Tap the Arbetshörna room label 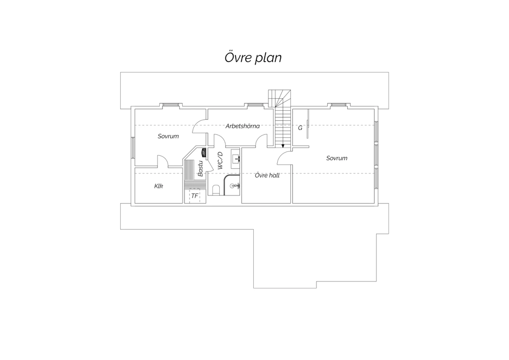pos(243,126)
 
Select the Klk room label pos(158,186)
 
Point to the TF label pos(195,196)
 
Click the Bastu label pos(200,168)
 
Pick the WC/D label pos(220,161)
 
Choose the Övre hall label pos(267,175)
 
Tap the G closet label pos(300,128)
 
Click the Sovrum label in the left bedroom pos(168,136)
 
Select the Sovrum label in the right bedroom pos(337,158)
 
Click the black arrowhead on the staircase pos(283,146)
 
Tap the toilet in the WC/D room pos(216,190)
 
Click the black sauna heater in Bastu pos(204,152)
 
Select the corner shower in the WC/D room pos(232,185)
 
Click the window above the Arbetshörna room pos(254,105)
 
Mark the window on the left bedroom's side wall pos(133,147)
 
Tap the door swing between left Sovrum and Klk pos(163,161)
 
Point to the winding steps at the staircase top pos(279,98)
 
